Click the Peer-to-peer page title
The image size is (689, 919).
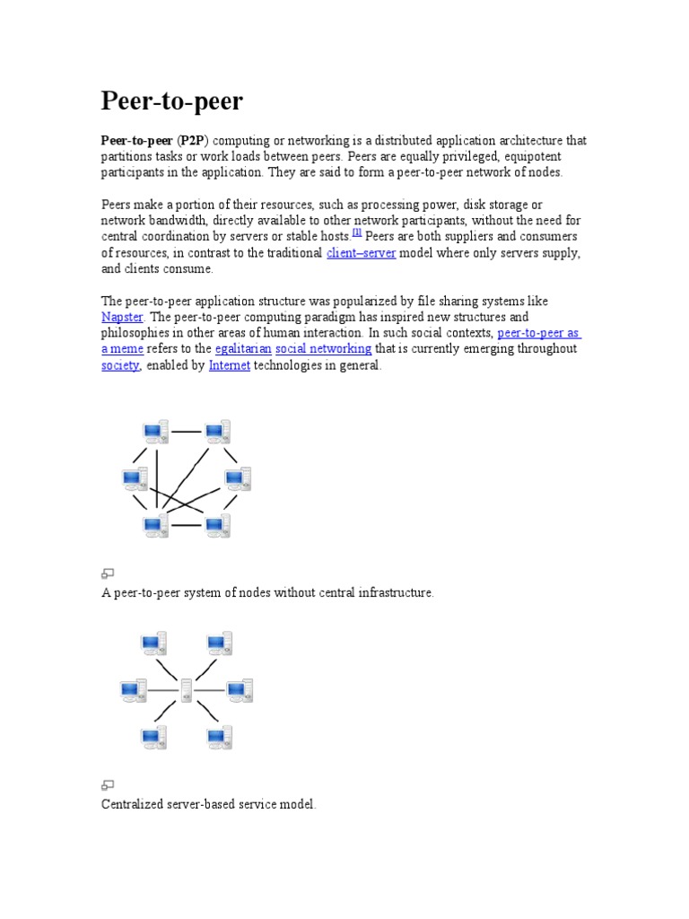[171, 101]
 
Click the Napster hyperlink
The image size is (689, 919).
[122, 318]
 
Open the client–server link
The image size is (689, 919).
[361, 253]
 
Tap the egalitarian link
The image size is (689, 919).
[243, 349]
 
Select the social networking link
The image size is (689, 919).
[323, 349]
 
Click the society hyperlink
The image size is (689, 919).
[120, 365]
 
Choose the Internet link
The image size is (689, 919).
[230, 365]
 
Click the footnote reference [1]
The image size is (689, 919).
[357, 232]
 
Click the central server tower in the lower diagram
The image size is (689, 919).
[186, 690]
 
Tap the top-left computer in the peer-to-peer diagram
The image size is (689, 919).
[154, 433]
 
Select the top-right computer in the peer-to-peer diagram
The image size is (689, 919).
[217, 433]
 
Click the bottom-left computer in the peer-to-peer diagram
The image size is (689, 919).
[154, 526]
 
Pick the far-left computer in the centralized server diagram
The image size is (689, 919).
[134, 690]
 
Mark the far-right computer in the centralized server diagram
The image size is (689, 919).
[240, 690]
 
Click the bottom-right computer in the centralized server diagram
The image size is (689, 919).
[219, 738]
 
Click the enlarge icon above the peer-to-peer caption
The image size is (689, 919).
[108, 573]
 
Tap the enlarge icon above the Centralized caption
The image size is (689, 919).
[108, 785]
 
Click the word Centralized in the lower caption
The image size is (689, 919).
[133, 805]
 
